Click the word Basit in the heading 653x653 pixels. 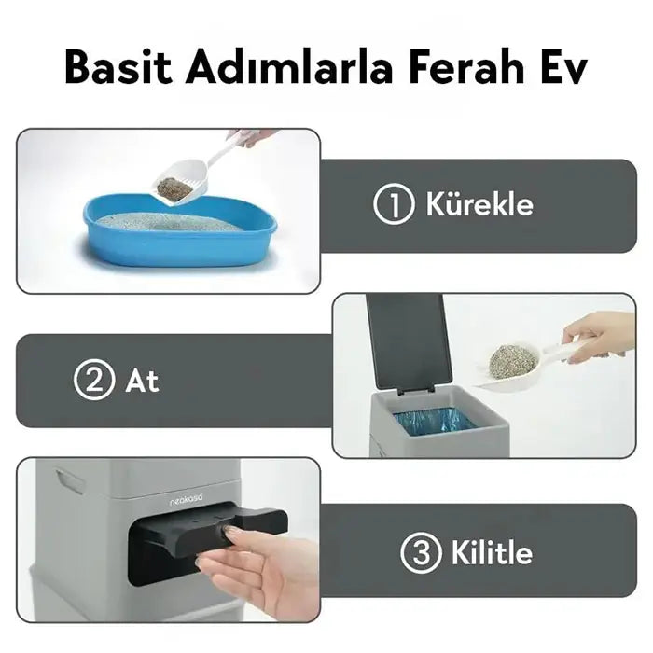pyautogui.click(x=118, y=67)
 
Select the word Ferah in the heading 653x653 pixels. pyautogui.click(x=466, y=67)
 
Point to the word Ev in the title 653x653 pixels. pyautogui.click(x=563, y=67)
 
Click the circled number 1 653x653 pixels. pyautogui.click(x=394, y=204)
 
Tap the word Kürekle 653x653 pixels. pyautogui.click(x=479, y=204)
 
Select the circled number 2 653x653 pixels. pyautogui.click(x=93, y=380)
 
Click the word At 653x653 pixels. pyautogui.click(x=142, y=381)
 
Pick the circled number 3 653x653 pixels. pyautogui.click(x=421, y=553)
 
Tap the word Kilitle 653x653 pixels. pyautogui.click(x=492, y=552)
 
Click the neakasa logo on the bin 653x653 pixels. pyautogui.click(x=187, y=502)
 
